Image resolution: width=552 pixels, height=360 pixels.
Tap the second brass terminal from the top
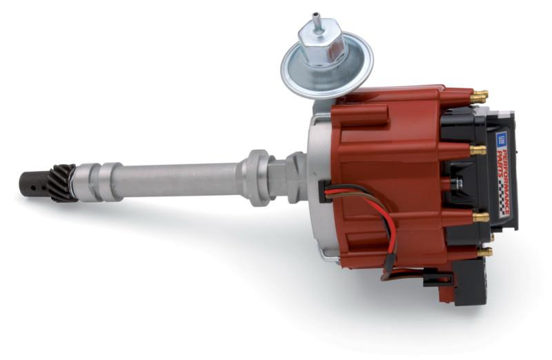pyautogui.click(x=477, y=149)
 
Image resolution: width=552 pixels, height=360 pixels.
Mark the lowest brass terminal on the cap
pyautogui.click(x=485, y=252)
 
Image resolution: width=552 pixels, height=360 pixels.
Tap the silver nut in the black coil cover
pyautogui.click(x=457, y=183)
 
